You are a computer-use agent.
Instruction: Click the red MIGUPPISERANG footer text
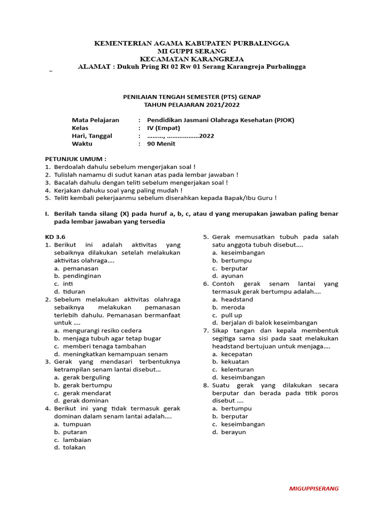tap(313, 488)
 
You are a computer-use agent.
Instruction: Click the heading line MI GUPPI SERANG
tap(191, 51)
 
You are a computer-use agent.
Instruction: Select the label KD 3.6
tap(55, 236)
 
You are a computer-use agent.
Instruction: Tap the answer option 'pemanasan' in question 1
tap(80, 268)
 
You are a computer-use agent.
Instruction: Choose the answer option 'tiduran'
tap(74, 291)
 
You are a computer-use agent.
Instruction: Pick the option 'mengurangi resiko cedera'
tap(102, 330)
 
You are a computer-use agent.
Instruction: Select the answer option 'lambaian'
tap(76, 439)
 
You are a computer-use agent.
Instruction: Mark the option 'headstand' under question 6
tap(237, 299)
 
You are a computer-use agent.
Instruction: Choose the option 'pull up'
tap(231, 315)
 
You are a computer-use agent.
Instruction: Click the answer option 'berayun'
tap(233, 432)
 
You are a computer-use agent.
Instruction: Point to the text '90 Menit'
tap(161, 143)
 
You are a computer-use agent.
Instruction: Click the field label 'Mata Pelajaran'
tap(95, 120)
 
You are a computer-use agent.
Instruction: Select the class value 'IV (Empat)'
tap(163, 128)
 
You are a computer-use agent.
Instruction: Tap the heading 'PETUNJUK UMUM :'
tap(76, 158)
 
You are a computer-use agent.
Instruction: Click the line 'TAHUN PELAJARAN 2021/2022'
tap(191, 104)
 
